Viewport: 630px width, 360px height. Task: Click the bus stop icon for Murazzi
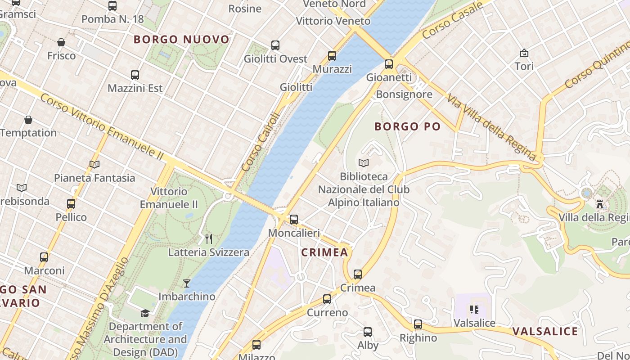332,56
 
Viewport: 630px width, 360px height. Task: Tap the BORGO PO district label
407,127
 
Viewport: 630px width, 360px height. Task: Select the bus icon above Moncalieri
294,220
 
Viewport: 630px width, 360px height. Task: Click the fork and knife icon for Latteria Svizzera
209,239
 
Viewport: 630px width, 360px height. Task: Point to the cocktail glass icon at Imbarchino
187,283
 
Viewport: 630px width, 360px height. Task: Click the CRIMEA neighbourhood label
324,252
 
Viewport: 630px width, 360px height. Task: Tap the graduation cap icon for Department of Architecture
145,313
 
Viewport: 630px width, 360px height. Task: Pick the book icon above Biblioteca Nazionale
364,163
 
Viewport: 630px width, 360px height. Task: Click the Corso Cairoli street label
261,142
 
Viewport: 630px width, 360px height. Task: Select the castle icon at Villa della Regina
599,204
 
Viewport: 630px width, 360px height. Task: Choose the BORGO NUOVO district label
181,40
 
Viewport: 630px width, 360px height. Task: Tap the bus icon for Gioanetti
389,64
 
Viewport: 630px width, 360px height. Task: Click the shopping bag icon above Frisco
61,42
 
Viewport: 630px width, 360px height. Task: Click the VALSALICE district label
545,332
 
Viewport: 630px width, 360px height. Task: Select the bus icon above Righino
418,324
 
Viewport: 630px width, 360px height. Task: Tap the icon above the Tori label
524,53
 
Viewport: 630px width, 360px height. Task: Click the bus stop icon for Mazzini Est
135,75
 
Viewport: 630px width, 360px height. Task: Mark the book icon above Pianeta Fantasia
94,165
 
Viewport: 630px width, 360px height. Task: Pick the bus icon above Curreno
327,299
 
